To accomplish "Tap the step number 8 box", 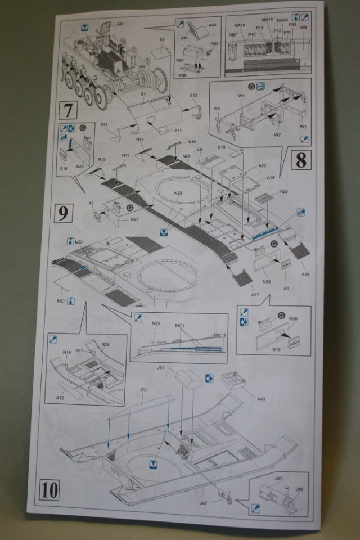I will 301,161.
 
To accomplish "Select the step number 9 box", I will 63,212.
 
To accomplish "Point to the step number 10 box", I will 50,490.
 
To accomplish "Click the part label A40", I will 212,25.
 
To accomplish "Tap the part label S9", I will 162,40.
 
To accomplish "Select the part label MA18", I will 240,26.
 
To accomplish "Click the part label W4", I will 240,97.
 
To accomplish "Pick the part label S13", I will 104,124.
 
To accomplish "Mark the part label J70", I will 143,389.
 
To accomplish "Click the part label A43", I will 260,399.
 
